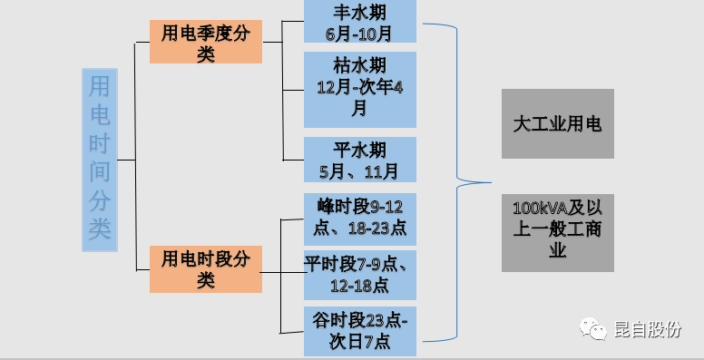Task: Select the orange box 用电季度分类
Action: pos(205,43)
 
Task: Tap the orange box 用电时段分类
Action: pos(205,269)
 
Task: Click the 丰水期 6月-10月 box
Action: pos(359,22)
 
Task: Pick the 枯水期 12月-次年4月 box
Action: pos(359,88)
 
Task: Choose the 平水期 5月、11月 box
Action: pos(359,160)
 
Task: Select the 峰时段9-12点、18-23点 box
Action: pos(359,219)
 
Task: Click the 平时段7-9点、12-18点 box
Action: pos(359,274)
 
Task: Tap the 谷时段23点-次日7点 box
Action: pos(359,331)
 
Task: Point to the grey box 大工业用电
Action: pos(557,123)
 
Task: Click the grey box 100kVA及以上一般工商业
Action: pos(557,230)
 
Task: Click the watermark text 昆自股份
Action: pos(647,331)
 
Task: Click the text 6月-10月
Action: pos(359,33)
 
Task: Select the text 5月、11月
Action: pos(359,170)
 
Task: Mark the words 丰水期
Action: pos(359,13)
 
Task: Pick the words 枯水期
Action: pos(359,67)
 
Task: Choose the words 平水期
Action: pos(359,150)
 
